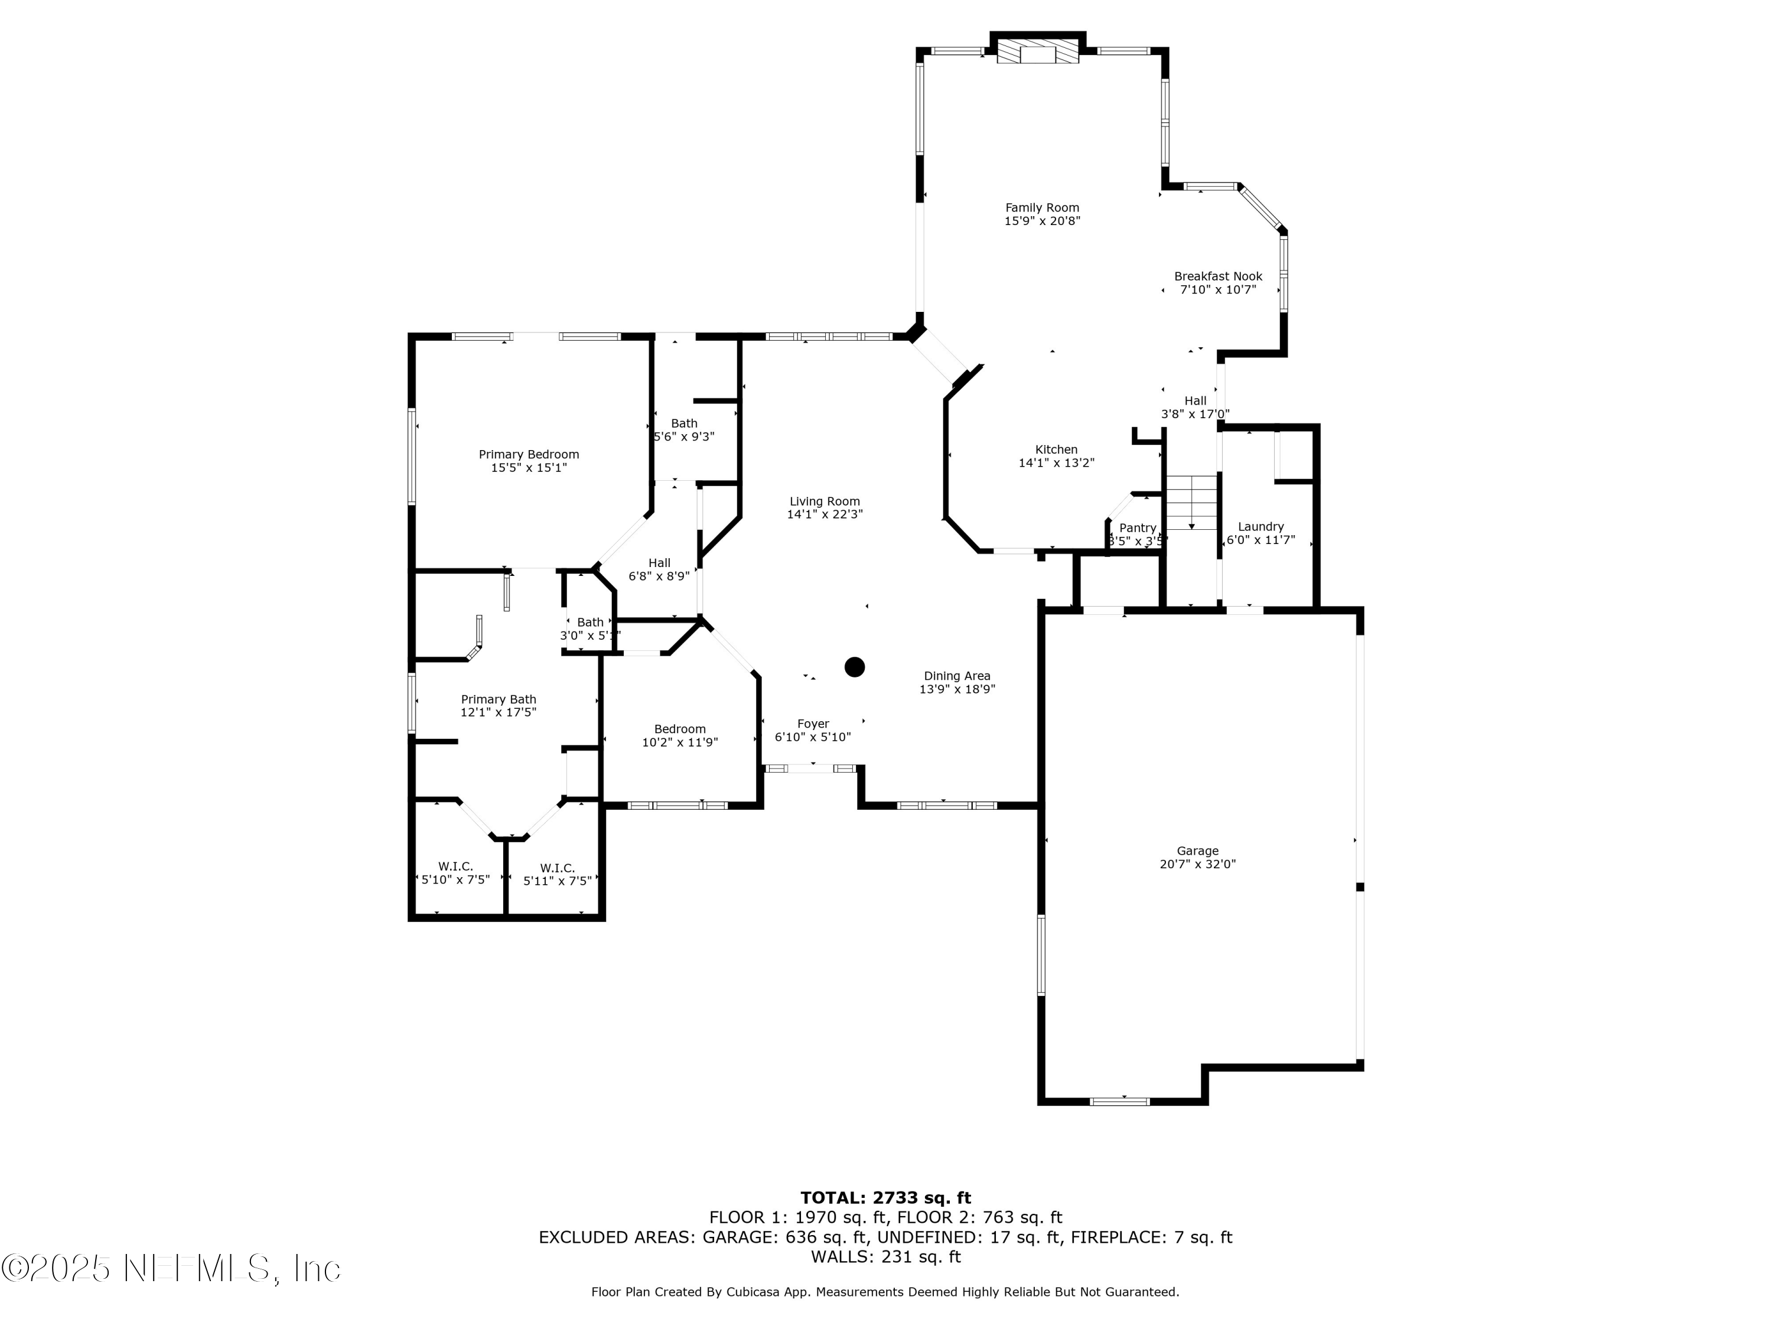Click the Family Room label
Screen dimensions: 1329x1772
1042,207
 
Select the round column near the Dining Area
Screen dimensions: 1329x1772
855,666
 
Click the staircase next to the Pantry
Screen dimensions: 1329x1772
1191,502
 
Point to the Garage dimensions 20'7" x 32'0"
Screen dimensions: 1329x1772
1198,864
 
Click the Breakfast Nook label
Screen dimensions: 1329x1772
1217,276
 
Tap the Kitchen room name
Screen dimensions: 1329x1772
1056,449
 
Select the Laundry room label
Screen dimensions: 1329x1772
1260,526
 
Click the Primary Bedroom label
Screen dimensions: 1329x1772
529,454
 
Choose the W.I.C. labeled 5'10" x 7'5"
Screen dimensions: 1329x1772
455,873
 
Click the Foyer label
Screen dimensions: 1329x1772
812,724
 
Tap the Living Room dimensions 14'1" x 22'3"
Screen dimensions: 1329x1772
825,514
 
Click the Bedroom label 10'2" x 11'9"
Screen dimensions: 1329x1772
679,729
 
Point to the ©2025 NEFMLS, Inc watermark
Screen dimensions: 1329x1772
171,1268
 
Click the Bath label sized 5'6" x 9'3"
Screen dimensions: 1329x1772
684,423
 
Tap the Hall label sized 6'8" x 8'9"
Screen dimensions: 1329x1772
659,562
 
